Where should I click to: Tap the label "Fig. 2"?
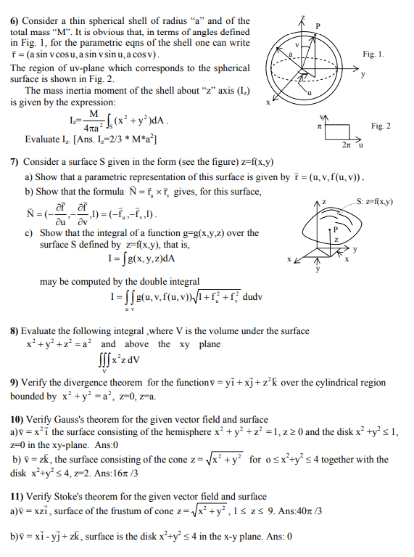point(381,126)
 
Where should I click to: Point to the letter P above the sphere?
point(317,25)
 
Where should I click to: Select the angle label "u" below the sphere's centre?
point(307,93)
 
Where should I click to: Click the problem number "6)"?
point(15,20)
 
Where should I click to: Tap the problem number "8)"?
point(15,331)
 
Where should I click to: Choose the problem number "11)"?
point(18,497)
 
